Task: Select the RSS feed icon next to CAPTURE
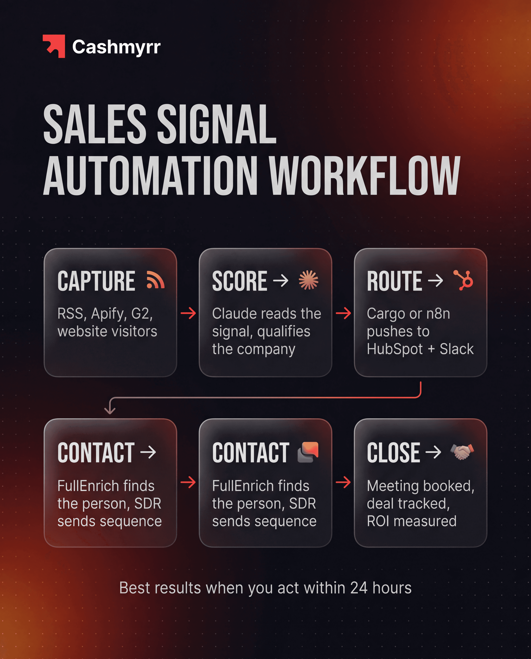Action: [155, 280]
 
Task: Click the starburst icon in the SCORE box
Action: [308, 280]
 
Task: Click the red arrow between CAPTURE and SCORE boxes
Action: [188, 313]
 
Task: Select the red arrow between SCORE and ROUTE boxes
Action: [343, 313]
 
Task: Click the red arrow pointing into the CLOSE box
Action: [343, 482]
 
